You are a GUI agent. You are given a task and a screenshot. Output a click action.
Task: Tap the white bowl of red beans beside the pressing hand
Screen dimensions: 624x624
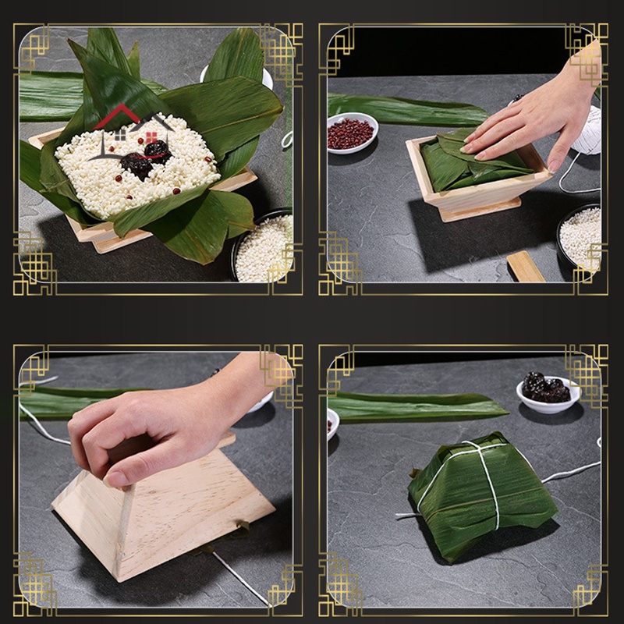[353, 132]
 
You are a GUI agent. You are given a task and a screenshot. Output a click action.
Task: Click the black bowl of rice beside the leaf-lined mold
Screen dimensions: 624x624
[264, 246]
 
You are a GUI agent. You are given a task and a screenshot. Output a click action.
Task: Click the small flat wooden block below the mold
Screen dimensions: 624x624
[525, 267]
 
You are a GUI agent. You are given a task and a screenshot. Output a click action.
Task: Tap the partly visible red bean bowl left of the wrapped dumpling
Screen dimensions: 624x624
[333, 422]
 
